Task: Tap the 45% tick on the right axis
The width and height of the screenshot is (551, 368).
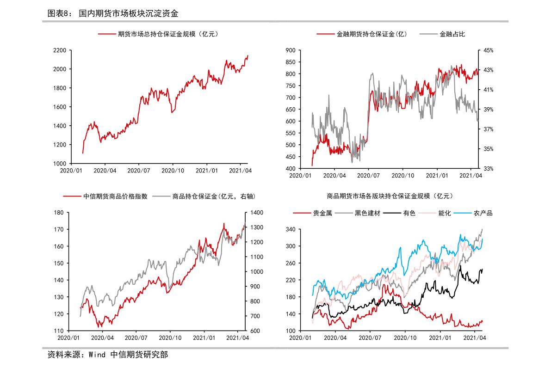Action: coord(489,50)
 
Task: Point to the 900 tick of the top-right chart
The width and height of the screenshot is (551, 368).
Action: coord(290,50)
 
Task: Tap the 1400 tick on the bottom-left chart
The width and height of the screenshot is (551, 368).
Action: coord(257,213)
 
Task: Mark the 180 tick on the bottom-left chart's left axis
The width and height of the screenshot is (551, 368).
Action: coord(58,213)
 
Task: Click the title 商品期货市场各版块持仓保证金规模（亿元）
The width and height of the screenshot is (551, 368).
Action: coord(389,196)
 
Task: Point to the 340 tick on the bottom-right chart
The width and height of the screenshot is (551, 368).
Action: coord(290,230)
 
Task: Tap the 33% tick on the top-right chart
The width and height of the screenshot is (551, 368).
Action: coord(489,169)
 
